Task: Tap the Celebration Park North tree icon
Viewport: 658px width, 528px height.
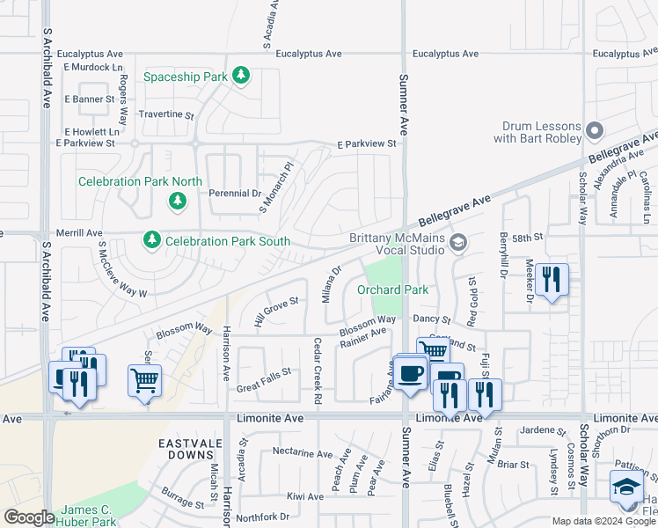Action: click(x=178, y=202)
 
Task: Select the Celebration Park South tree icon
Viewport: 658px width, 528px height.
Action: click(x=152, y=240)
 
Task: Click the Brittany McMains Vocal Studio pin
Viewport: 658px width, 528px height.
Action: click(x=457, y=242)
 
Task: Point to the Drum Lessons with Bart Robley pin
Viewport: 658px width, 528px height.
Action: click(x=594, y=131)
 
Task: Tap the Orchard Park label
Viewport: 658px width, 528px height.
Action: click(x=392, y=290)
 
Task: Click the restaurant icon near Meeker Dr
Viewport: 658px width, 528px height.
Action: click(x=551, y=281)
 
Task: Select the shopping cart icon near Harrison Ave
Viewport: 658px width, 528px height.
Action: click(x=145, y=382)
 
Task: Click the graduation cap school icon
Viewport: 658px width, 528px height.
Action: click(x=626, y=487)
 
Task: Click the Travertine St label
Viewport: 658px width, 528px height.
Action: click(x=165, y=114)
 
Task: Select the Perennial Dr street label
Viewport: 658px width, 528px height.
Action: click(x=235, y=193)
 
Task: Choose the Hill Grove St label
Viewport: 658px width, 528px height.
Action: click(x=277, y=311)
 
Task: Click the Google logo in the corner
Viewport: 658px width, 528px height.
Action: click(x=29, y=517)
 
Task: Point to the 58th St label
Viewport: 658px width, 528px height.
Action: click(x=530, y=238)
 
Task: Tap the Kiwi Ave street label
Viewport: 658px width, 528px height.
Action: click(x=304, y=496)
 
